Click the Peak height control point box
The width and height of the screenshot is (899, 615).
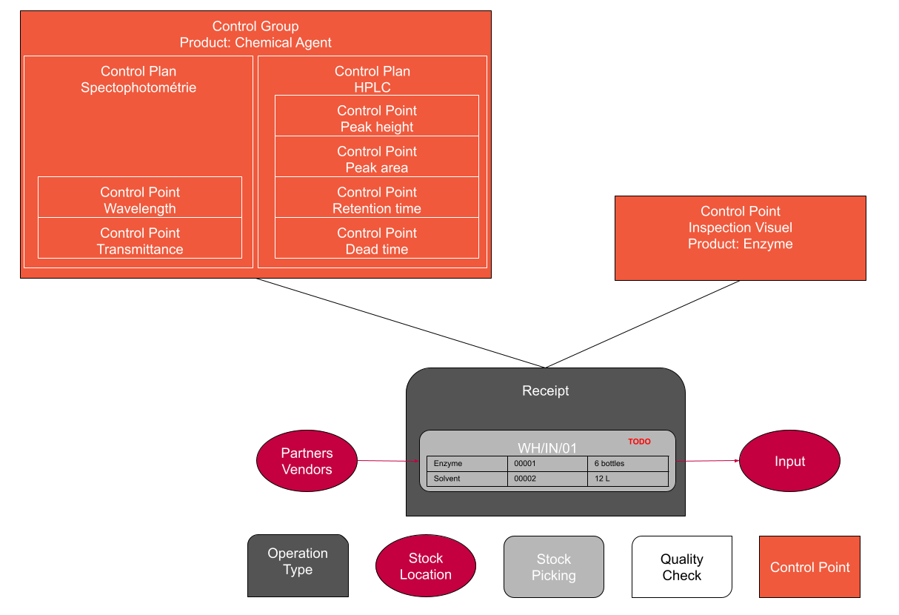376,119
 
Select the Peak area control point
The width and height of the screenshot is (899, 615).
376,159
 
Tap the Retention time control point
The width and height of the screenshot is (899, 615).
376,200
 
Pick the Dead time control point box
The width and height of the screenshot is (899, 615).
376,241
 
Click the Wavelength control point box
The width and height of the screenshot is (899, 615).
140,200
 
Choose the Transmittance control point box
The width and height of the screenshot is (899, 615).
140,241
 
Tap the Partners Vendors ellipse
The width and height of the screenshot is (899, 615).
307,461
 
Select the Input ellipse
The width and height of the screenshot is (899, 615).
789,461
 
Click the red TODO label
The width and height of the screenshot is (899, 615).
639,442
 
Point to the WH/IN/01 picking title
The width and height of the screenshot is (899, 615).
547,448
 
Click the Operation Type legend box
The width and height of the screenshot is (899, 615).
298,565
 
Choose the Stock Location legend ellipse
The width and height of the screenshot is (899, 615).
425,567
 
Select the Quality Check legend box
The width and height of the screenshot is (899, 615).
681,567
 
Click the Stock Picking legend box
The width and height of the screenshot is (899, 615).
553,567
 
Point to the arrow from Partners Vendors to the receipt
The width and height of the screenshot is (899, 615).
388,461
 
